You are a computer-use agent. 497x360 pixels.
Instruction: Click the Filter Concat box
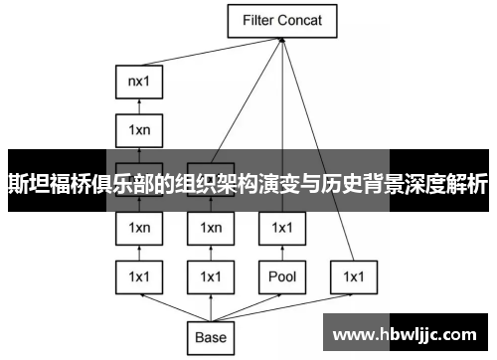coord(282,19)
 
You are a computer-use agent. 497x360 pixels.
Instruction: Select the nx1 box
coord(138,83)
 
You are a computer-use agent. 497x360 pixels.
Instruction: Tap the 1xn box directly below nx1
coord(138,129)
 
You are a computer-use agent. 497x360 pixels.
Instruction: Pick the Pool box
coord(281,275)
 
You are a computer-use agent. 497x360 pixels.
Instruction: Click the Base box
coord(211,337)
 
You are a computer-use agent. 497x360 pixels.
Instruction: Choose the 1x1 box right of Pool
coord(353,275)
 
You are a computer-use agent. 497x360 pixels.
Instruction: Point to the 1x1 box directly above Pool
coord(281,228)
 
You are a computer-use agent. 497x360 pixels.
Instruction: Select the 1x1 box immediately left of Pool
coord(210,275)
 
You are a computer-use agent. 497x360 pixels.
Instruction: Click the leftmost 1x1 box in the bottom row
coord(138,275)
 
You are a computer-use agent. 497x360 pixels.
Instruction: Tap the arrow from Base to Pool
coord(248,305)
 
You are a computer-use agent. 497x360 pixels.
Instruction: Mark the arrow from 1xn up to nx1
coord(138,105)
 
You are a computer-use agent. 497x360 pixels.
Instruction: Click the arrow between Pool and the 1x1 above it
coord(281,252)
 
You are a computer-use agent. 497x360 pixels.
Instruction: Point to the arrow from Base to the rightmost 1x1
coord(288,305)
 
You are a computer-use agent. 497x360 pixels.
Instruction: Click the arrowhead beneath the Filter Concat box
coord(283,40)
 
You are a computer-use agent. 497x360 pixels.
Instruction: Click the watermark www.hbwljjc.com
coord(408,329)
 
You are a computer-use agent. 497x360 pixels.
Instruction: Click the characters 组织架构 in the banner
coord(216,183)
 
